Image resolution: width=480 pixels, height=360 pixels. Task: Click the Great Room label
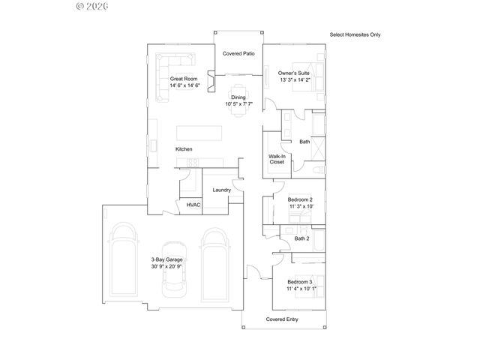tap(183, 79)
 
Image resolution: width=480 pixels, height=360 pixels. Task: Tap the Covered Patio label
tap(239, 54)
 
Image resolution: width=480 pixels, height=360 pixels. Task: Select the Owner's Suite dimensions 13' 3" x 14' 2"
tap(294, 79)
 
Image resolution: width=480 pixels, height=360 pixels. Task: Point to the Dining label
tap(238, 97)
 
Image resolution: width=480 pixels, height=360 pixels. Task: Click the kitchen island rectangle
tap(200, 133)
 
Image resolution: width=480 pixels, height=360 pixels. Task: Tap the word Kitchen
tap(184, 149)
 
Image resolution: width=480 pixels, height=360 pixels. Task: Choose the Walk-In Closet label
tap(276, 159)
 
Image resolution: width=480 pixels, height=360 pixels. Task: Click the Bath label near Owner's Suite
tap(304, 142)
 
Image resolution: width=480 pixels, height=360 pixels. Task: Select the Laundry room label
tap(220, 190)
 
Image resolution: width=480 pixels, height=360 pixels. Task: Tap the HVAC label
tap(193, 204)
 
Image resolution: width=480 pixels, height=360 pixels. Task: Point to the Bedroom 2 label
tap(301, 199)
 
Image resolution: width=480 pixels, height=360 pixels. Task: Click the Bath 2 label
tap(301, 238)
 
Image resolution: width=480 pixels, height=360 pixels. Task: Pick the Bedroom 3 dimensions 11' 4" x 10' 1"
tap(301, 288)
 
